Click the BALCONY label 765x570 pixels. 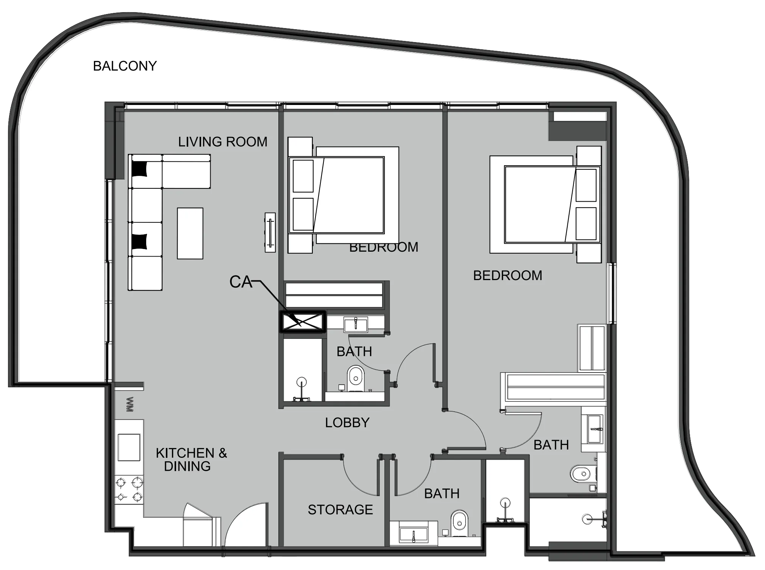pos(125,66)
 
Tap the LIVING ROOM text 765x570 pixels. pos(223,142)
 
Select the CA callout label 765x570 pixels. pos(240,282)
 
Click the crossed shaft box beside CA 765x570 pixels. pos(302,322)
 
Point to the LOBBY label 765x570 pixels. pos(347,423)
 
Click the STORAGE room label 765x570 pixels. pos(340,510)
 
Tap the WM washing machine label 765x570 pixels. pos(130,405)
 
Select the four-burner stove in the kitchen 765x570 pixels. pos(129,489)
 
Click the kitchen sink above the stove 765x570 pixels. pos(129,447)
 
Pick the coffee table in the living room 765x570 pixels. pos(190,233)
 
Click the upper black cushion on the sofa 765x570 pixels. pos(139,169)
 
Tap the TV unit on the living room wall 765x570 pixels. pos(270,232)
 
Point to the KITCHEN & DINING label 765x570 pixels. pos(191,459)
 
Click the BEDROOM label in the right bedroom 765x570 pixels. pos(507,276)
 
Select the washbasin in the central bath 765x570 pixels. pos(356,325)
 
